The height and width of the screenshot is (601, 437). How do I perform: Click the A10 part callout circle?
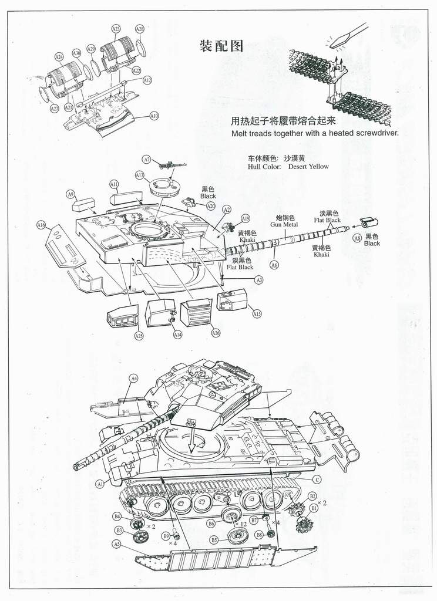point(154,116)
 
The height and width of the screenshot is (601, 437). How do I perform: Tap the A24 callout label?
point(58,57)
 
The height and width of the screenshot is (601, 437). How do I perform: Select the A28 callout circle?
point(139,29)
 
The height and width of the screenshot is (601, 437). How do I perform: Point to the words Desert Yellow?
point(308,167)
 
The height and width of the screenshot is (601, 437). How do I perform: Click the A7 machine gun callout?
point(147,160)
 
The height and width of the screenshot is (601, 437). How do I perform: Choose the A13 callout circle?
point(139,175)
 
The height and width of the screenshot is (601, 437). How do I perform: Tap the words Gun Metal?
point(284,224)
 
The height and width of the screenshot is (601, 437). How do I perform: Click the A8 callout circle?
point(357,238)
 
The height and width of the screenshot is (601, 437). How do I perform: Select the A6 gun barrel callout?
point(274,265)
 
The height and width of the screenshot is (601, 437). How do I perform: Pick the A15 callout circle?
point(257,315)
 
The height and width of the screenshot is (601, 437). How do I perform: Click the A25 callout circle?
point(139,336)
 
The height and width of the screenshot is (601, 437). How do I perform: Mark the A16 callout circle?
point(41,225)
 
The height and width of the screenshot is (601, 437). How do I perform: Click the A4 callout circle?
point(134,379)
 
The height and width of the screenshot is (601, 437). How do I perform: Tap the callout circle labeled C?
point(316,480)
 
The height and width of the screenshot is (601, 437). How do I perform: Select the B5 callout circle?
point(214,539)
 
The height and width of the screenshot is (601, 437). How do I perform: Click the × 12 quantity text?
point(241,524)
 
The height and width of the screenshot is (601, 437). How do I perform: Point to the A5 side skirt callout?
point(117,544)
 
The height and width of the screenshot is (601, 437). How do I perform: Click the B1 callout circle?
point(314,508)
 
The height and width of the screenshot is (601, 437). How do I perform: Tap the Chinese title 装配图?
point(221,46)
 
